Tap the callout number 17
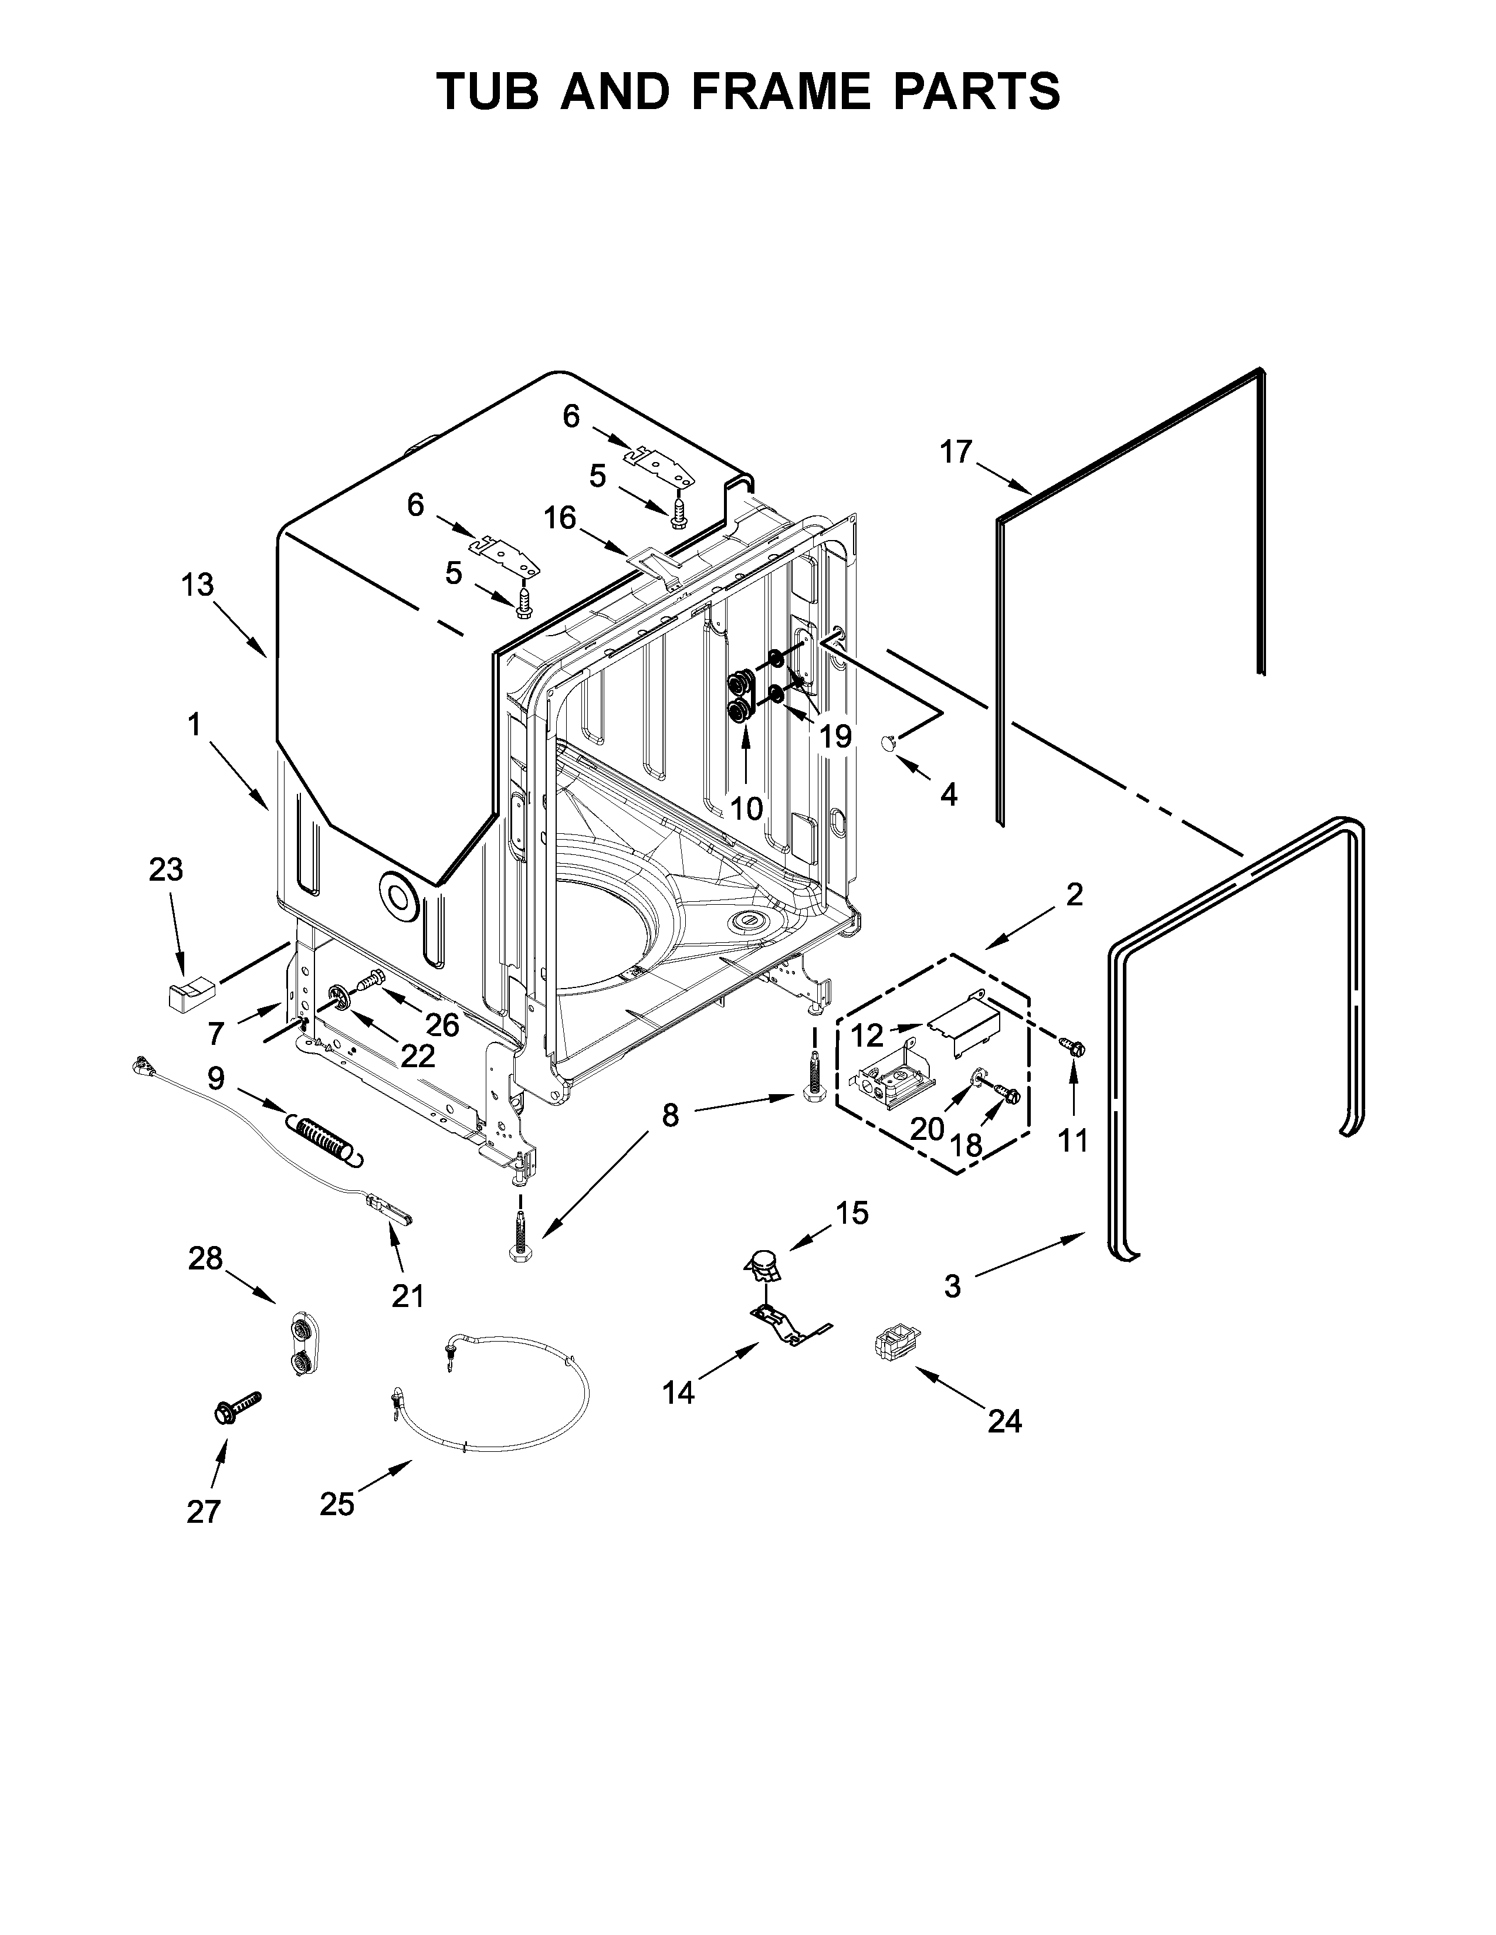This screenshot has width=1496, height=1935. point(956,452)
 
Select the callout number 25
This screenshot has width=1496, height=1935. point(337,1503)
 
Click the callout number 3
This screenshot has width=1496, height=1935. point(952,1285)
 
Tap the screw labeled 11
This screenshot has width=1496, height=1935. point(1073,1047)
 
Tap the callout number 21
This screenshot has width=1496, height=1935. point(408,1296)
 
